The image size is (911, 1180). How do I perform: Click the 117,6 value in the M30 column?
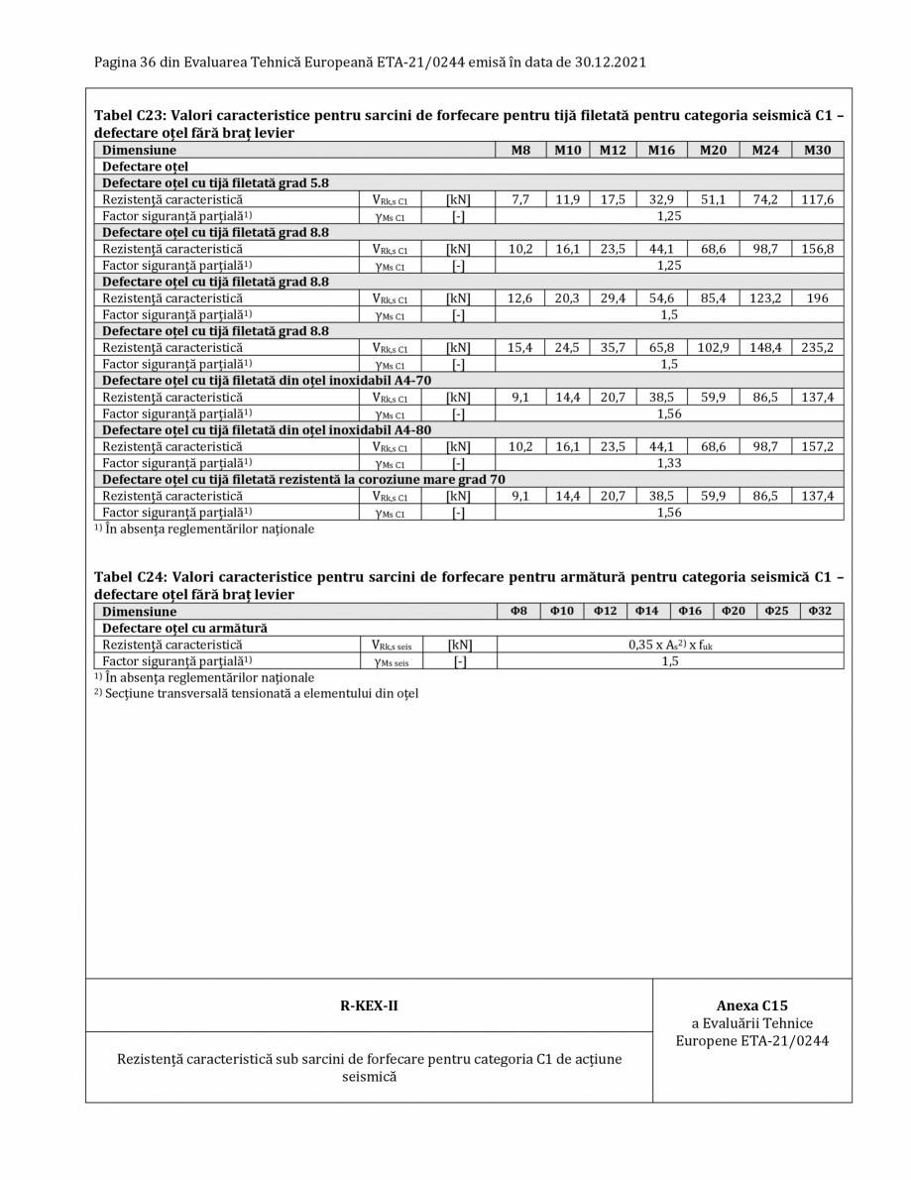point(817,199)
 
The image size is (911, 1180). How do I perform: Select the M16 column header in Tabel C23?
point(661,151)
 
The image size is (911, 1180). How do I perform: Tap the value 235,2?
point(817,347)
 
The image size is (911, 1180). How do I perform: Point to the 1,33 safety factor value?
point(669,463)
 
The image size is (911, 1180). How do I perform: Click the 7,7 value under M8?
point(519,199)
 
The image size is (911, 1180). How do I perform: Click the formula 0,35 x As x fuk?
point(670,646)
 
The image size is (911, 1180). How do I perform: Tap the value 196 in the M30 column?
point(817,297)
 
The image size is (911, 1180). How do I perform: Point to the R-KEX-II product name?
point(369,1005)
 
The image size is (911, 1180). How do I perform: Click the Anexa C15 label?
point(752,1005)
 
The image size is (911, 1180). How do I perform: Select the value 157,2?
point(817,446)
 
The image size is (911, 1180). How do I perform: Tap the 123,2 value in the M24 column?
point(764,297)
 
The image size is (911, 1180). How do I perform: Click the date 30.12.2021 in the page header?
point(604,62)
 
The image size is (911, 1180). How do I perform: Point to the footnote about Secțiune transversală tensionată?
point(256,693)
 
